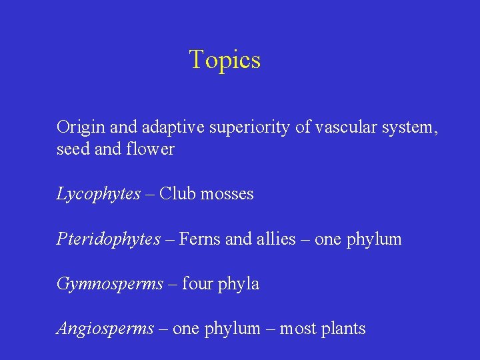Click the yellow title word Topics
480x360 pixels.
[x=225, y=60]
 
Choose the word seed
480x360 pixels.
[x=73, y=149]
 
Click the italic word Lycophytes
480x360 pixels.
[x=99, y=194]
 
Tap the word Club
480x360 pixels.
[x=178, y=193]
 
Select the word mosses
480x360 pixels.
[x=227, y=194]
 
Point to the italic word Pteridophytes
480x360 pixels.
[x=109, y=239]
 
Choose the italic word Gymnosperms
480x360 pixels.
[x=110, y=284]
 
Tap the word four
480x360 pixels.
[x=197, y=284]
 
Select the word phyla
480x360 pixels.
[x=238, y=284]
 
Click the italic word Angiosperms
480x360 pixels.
[x=105, y=329]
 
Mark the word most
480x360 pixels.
[x=295, y=329]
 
